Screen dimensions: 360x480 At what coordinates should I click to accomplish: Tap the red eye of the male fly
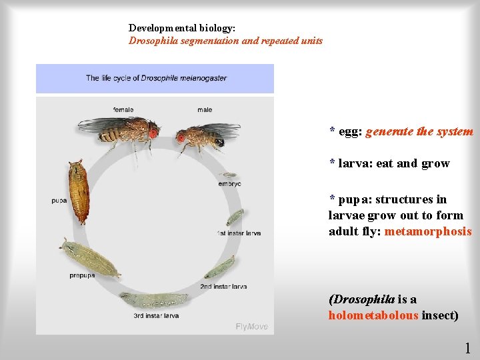[181, 139]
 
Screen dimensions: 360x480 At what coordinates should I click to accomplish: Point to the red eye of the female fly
[153, 133]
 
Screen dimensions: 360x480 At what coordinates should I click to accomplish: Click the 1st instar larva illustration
[235, 217]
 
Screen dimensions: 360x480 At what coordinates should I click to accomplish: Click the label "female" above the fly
[123, 110]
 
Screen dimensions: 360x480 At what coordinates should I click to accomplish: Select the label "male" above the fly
[205, 110]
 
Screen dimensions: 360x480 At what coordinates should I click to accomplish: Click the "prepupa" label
[82, 275]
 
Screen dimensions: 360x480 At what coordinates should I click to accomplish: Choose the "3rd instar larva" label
[156, 315]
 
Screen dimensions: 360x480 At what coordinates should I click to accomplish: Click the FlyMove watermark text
[252, 326]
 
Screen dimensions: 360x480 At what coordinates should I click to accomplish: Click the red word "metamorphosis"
[428, 232]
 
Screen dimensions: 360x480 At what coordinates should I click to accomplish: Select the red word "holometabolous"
[373, 315]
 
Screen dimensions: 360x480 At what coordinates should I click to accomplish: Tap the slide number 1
[467, 347]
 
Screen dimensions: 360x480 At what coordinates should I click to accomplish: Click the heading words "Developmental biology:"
[182, 28]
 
